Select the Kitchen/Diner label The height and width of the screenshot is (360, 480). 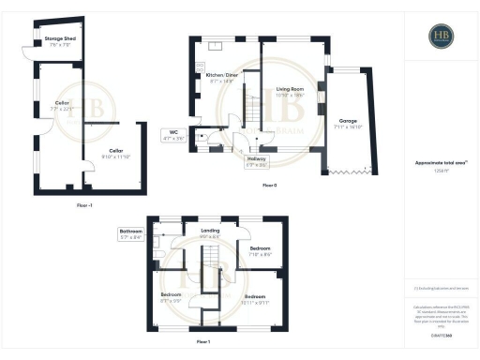(222, 79)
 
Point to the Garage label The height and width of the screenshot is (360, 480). (348, 123)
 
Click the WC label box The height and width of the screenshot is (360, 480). (173, 134)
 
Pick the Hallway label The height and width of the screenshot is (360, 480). (256, 160)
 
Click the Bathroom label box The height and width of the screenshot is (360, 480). (131, 234)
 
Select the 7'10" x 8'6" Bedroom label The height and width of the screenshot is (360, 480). (262, 251)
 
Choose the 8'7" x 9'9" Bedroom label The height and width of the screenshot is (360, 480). (171, 297)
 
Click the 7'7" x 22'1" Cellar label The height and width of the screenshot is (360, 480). (62, 106)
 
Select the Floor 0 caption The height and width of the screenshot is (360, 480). (269, 186)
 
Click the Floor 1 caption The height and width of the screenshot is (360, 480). (202, 342)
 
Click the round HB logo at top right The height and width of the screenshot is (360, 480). (440, 37)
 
